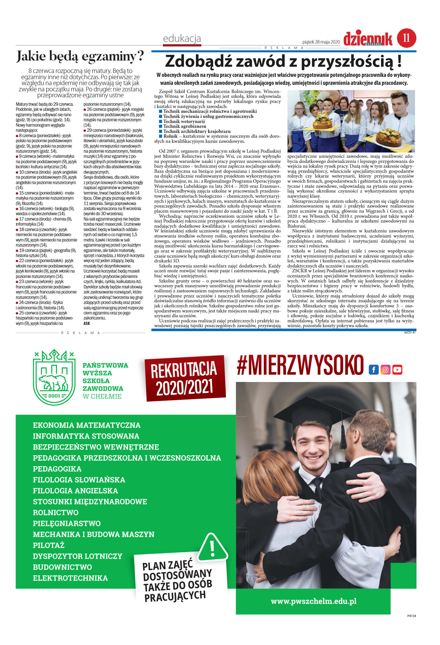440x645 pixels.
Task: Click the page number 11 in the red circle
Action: click(x=406, y=38)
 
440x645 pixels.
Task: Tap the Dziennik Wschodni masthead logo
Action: click(x=368, y=39)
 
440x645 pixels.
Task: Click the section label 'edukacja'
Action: click(x=182, y=38)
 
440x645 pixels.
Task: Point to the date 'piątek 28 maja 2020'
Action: click(x=321, y=42)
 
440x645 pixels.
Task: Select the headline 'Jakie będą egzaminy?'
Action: click(x=80, y=56)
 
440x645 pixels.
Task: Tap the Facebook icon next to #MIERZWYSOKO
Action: click(x=373, y=370)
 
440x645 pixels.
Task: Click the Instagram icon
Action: click(x=385, y=370)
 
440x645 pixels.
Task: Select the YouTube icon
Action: click(x=397, y=370)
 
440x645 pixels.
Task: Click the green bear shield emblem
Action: click(x=54, y=377)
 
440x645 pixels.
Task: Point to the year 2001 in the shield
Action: click(x=54, y=396)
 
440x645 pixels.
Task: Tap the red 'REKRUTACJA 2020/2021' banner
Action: click(x=185, y=378)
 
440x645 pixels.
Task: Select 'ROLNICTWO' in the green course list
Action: click(x=56, y=512)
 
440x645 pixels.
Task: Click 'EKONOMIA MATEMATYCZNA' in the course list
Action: click(x=86, y=425)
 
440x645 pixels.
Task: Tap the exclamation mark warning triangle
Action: click(x=212, y=548)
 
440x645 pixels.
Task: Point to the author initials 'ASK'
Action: click(x=87, y=323)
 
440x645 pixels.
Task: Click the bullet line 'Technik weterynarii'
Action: click(x=184, y=121)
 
